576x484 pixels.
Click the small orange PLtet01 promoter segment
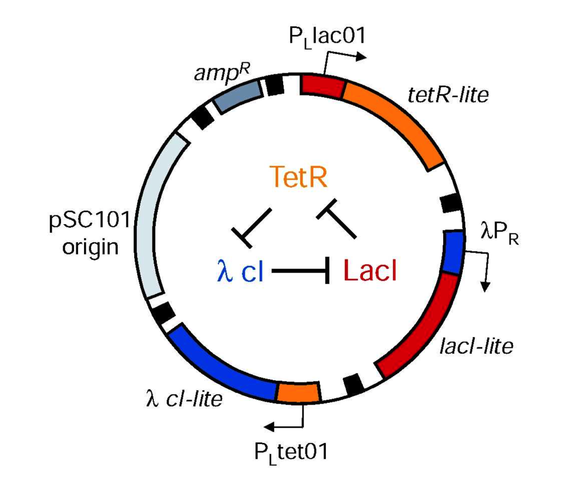298,392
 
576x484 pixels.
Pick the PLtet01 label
291,452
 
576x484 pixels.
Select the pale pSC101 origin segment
150,221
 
